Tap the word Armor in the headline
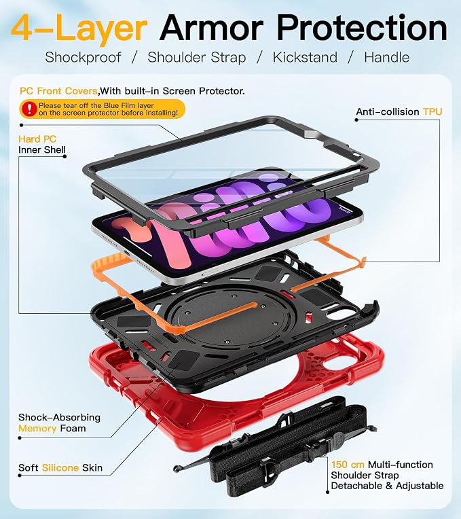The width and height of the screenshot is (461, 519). [x=212, y=27]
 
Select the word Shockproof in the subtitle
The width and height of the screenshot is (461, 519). [x=83, y=58]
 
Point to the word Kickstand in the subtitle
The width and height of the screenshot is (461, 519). [x=305, y=57]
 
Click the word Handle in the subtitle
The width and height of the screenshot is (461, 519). [x=386, y=57]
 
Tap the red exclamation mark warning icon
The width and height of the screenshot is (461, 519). [x=29, y=109]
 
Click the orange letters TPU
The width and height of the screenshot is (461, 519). [x=432, y=112]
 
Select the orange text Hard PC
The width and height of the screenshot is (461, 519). [x=37, y=139]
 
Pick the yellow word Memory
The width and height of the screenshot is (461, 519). [x=37, y=429]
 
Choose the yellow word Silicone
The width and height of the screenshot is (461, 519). [x=60, y=467]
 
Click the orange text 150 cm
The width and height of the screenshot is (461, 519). [x=348, y=465]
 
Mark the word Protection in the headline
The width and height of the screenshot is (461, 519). [x=362, y=27]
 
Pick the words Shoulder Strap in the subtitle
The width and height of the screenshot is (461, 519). [x=197, y=58]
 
